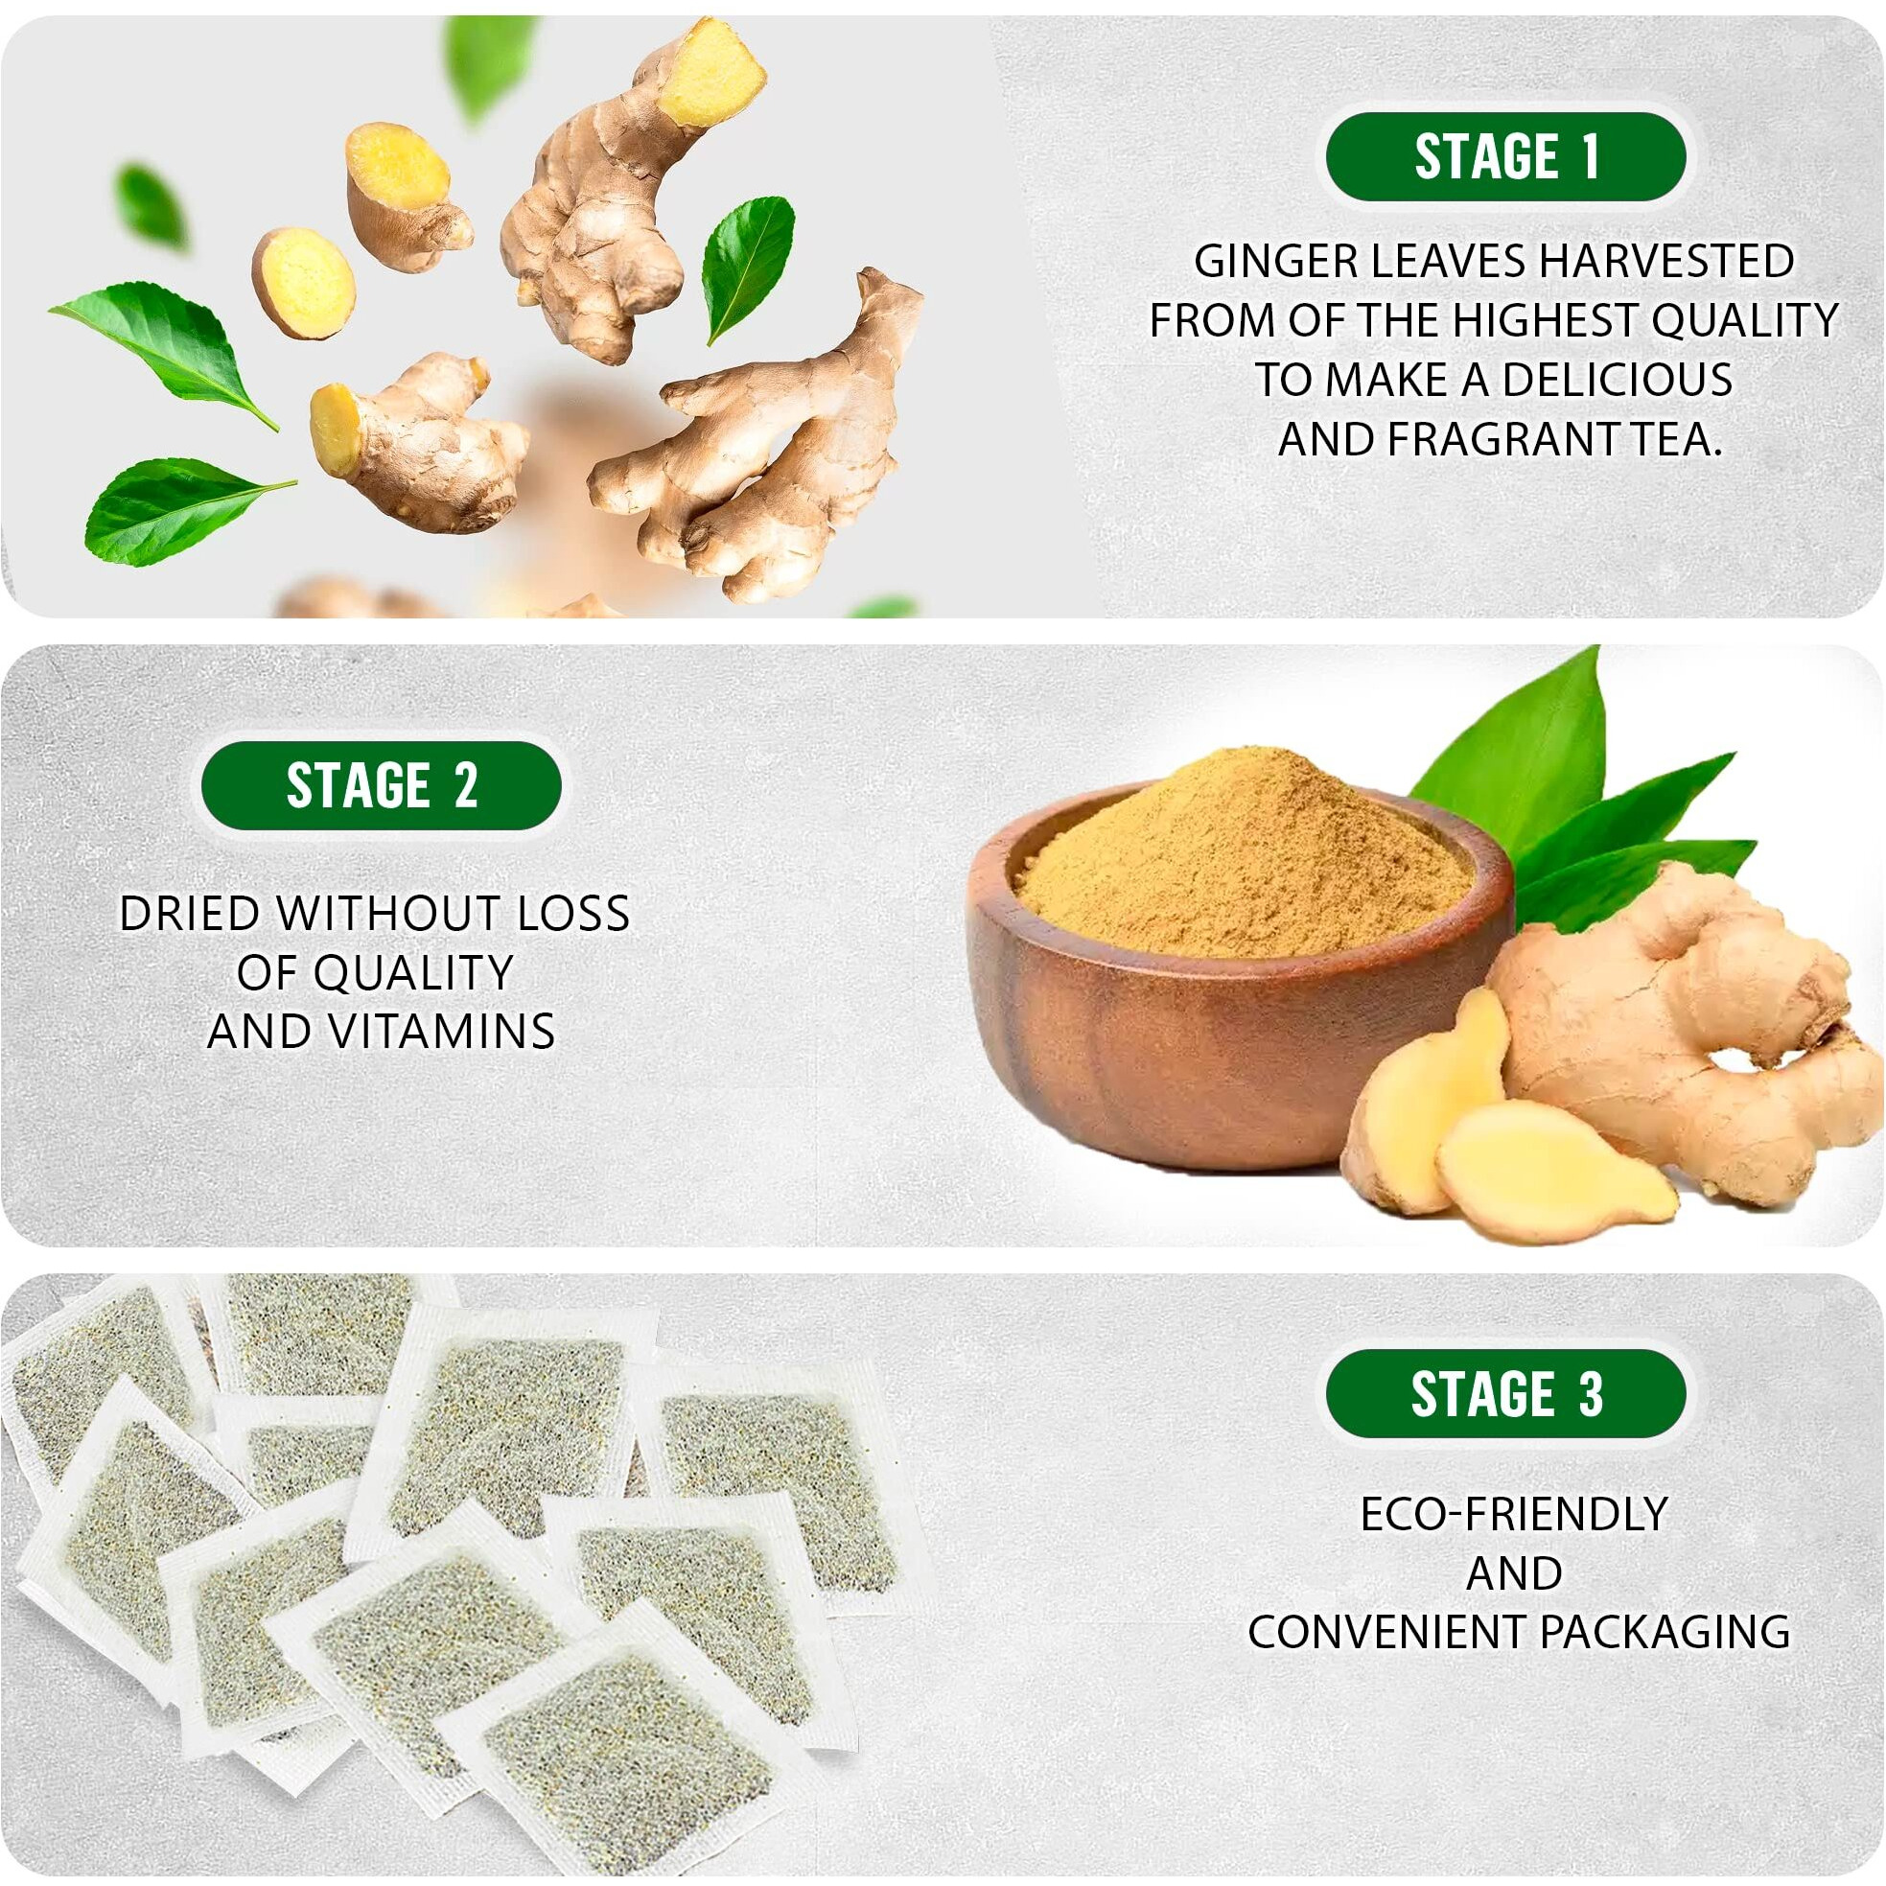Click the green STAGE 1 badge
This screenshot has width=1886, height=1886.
click(x=1505, y=157)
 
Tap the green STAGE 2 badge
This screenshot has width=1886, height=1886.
click(x=382, y=786)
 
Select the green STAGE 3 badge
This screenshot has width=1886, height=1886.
click(x=1505, y=1393)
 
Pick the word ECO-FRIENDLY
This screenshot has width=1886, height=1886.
click(x=1514, y=1514)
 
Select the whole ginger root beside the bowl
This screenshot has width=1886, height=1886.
click(x=1669, y=1035)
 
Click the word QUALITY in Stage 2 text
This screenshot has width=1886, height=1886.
click(x=375, y=972)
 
